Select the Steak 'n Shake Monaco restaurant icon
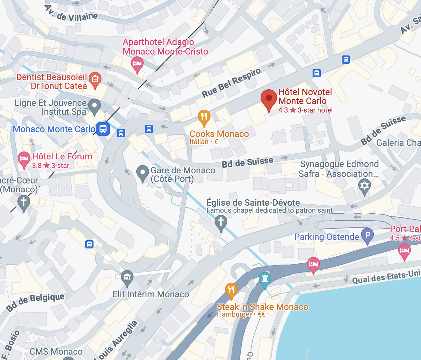click(x=231, y=290)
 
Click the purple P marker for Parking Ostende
click(x=367, y=235)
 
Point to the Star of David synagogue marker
click(x=365, y=185)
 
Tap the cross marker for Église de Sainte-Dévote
click(x=221, y=222)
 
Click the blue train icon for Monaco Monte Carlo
click(x=103, y=129)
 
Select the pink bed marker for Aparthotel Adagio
click(x=137, y=63)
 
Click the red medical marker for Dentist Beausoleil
click(x=95, y=79)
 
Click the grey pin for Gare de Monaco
click(x=143, y=172)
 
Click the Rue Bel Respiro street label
click(x=231, y=83)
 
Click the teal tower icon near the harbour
click(x=265, y=279)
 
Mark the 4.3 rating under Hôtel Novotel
click(x=283, y=110)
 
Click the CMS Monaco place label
click(x=56, y=352)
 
